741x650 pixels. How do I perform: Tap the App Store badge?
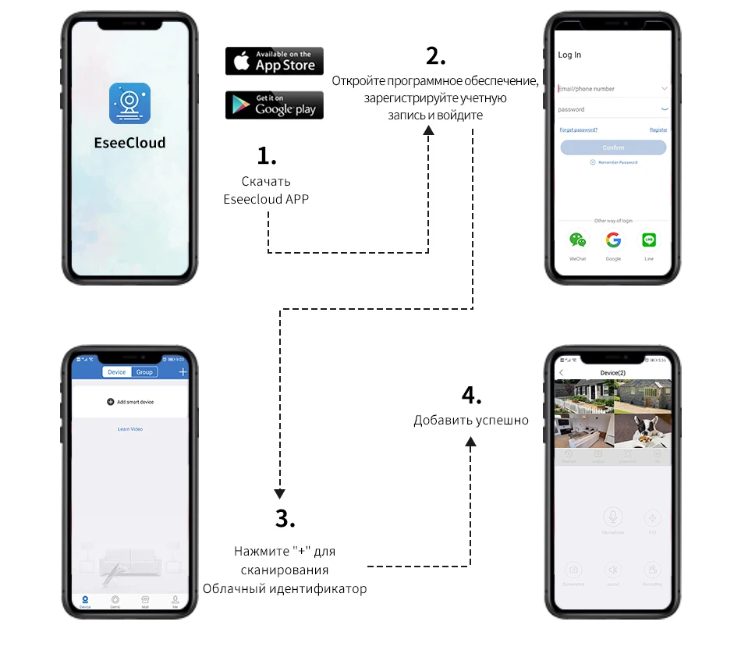pos(274,61)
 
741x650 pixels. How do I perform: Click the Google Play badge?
pos(274,105)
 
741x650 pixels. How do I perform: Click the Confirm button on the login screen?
pos(613,147)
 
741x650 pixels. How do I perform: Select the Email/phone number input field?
pos(608,89)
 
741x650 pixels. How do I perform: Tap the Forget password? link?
pos(579,130)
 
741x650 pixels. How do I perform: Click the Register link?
pos(658,130)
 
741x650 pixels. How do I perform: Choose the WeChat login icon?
pos(577,240)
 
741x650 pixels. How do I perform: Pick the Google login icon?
pos(613,240)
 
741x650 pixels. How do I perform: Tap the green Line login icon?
pos(649,240)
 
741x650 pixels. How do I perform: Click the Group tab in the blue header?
pos(144,372)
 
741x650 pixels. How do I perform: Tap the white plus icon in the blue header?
pos(183,372)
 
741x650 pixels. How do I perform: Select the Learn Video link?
pos(130,429)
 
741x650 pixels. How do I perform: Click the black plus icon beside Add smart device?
pos(111,402)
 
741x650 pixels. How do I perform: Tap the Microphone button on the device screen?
pos(613,517)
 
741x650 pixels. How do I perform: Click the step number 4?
pos(471,396)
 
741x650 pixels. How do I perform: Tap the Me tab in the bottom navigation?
pos(175,600)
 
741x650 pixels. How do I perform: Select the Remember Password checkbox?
pos(593,162)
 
